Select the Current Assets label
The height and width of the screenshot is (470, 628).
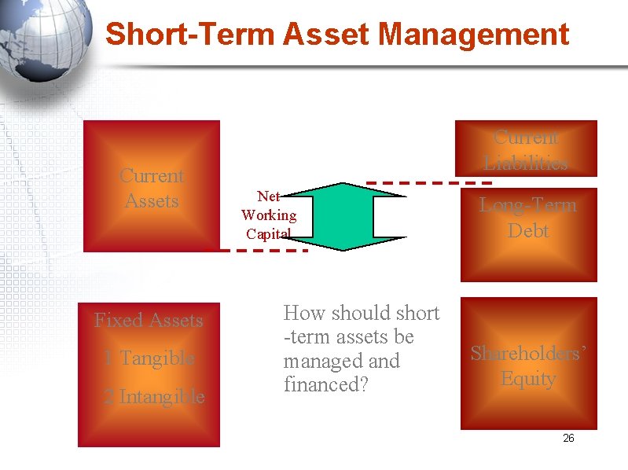(152, 189)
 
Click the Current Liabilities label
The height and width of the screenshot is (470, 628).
(526, 150)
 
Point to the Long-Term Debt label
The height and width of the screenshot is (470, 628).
(528, 218)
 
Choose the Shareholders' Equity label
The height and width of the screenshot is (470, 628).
(528, 366)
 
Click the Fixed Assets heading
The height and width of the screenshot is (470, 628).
(149, 320)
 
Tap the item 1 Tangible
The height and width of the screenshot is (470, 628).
(149, 358)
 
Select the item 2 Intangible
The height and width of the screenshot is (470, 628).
(154, 397)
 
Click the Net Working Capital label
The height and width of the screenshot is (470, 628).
(269, 215)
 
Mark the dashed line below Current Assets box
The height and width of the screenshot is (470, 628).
(263, 251)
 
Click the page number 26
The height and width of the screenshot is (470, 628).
(568, 438)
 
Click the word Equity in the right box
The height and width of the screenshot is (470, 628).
(528, 379)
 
